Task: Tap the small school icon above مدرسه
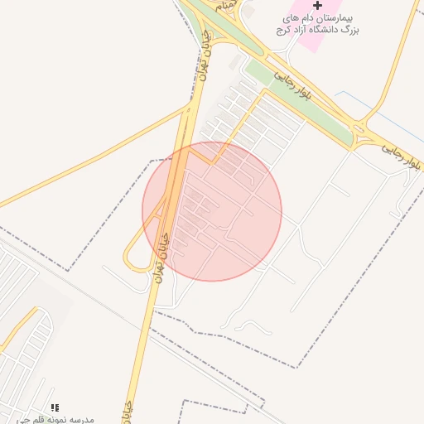point(55,407)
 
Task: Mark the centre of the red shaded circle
point(212,211)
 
